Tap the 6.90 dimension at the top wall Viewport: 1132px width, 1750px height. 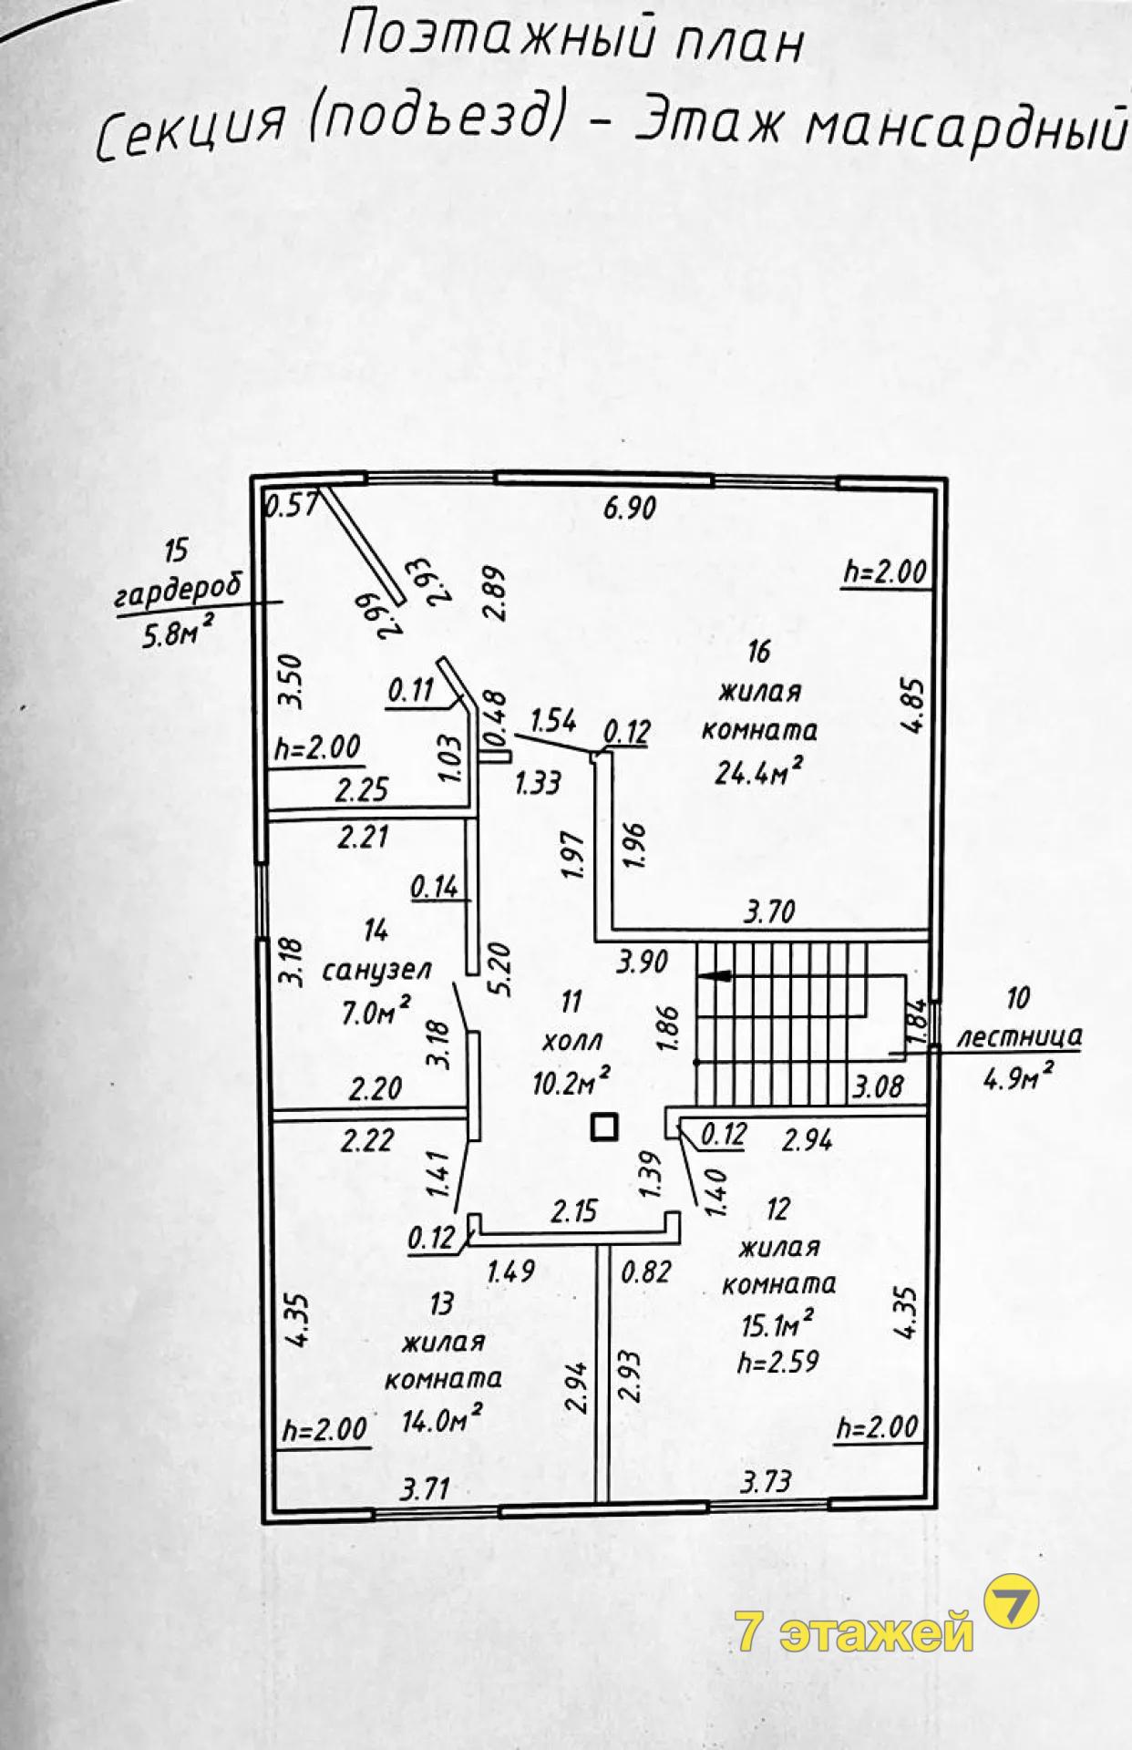point(630,507)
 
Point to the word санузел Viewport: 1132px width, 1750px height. point(376,970)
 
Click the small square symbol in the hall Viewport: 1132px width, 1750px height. point(604,1128)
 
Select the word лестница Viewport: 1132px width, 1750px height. point(1020,1036)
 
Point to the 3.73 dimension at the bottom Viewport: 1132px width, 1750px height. point(765,1482)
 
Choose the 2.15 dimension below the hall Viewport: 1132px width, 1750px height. point(574,1210)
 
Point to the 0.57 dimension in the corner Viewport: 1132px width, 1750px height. point(289,504)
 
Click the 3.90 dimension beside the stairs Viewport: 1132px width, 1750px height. point(642,962)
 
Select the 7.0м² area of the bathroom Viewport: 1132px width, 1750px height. point(375,1010)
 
